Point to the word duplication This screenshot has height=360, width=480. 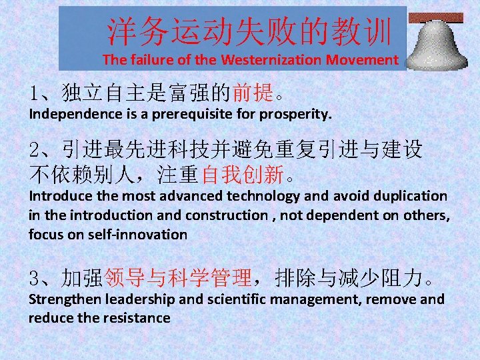(409, 196)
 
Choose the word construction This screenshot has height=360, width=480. (226, 215)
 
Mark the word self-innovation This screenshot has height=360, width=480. (138, 235)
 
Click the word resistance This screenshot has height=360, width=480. (137, 318)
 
